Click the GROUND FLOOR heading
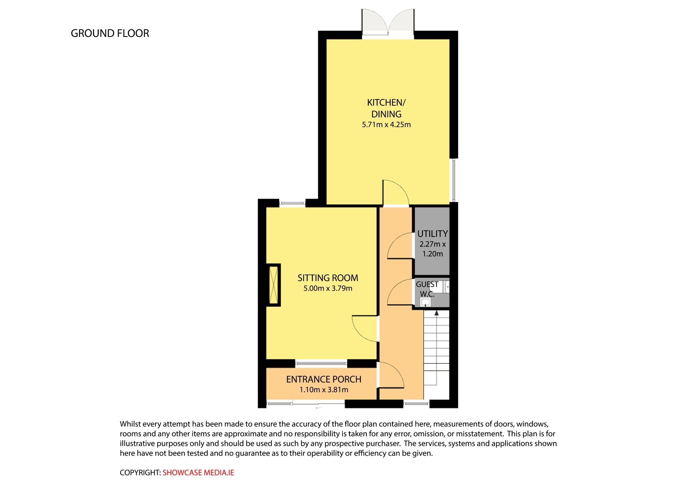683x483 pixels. pyautogui.click(x=110, y=33)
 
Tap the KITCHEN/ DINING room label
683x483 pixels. pyautogui.click(x=386, y=108)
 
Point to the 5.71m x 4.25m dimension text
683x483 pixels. pyautogui.click(x=386, y=125)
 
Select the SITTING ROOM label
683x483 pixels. pyautogui.click(x=328, y=278)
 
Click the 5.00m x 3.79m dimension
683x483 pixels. pyautogui.click(x=328, y=288)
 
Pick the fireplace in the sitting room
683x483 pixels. pyautogui.click(x=273, y=285)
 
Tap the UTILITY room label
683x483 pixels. pyautogui.click(x=433, y=234)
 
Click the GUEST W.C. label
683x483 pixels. pyautogui.click(x=427, y=289)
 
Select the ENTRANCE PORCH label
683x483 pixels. pyautogui.click(x=323, y=379)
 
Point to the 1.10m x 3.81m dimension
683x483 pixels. pyautogui.click(x=323, y=390)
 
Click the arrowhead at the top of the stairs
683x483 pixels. pyautogui.click(x=436, y=313)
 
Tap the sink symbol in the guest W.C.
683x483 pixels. pyautogui.click(x=425, y=302)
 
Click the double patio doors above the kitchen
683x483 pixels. pyautogui.click(x=388, y=22)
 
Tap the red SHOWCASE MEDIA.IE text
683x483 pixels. pyautogui.click(x=198, y=473)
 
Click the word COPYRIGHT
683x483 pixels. pyautogui.click(x=140, y=473)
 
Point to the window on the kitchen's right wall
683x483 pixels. pyautogui.click(x=454, y=180)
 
